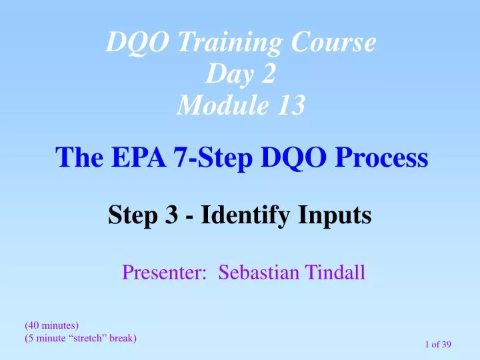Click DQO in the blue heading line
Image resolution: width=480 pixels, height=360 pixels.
pyautogui.click(x=288, y=158)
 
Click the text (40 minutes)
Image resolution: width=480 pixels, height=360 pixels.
pyautogui.click(x=51, y=325)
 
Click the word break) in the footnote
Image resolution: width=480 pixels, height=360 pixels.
pyautogui.click(x=121, y=338)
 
